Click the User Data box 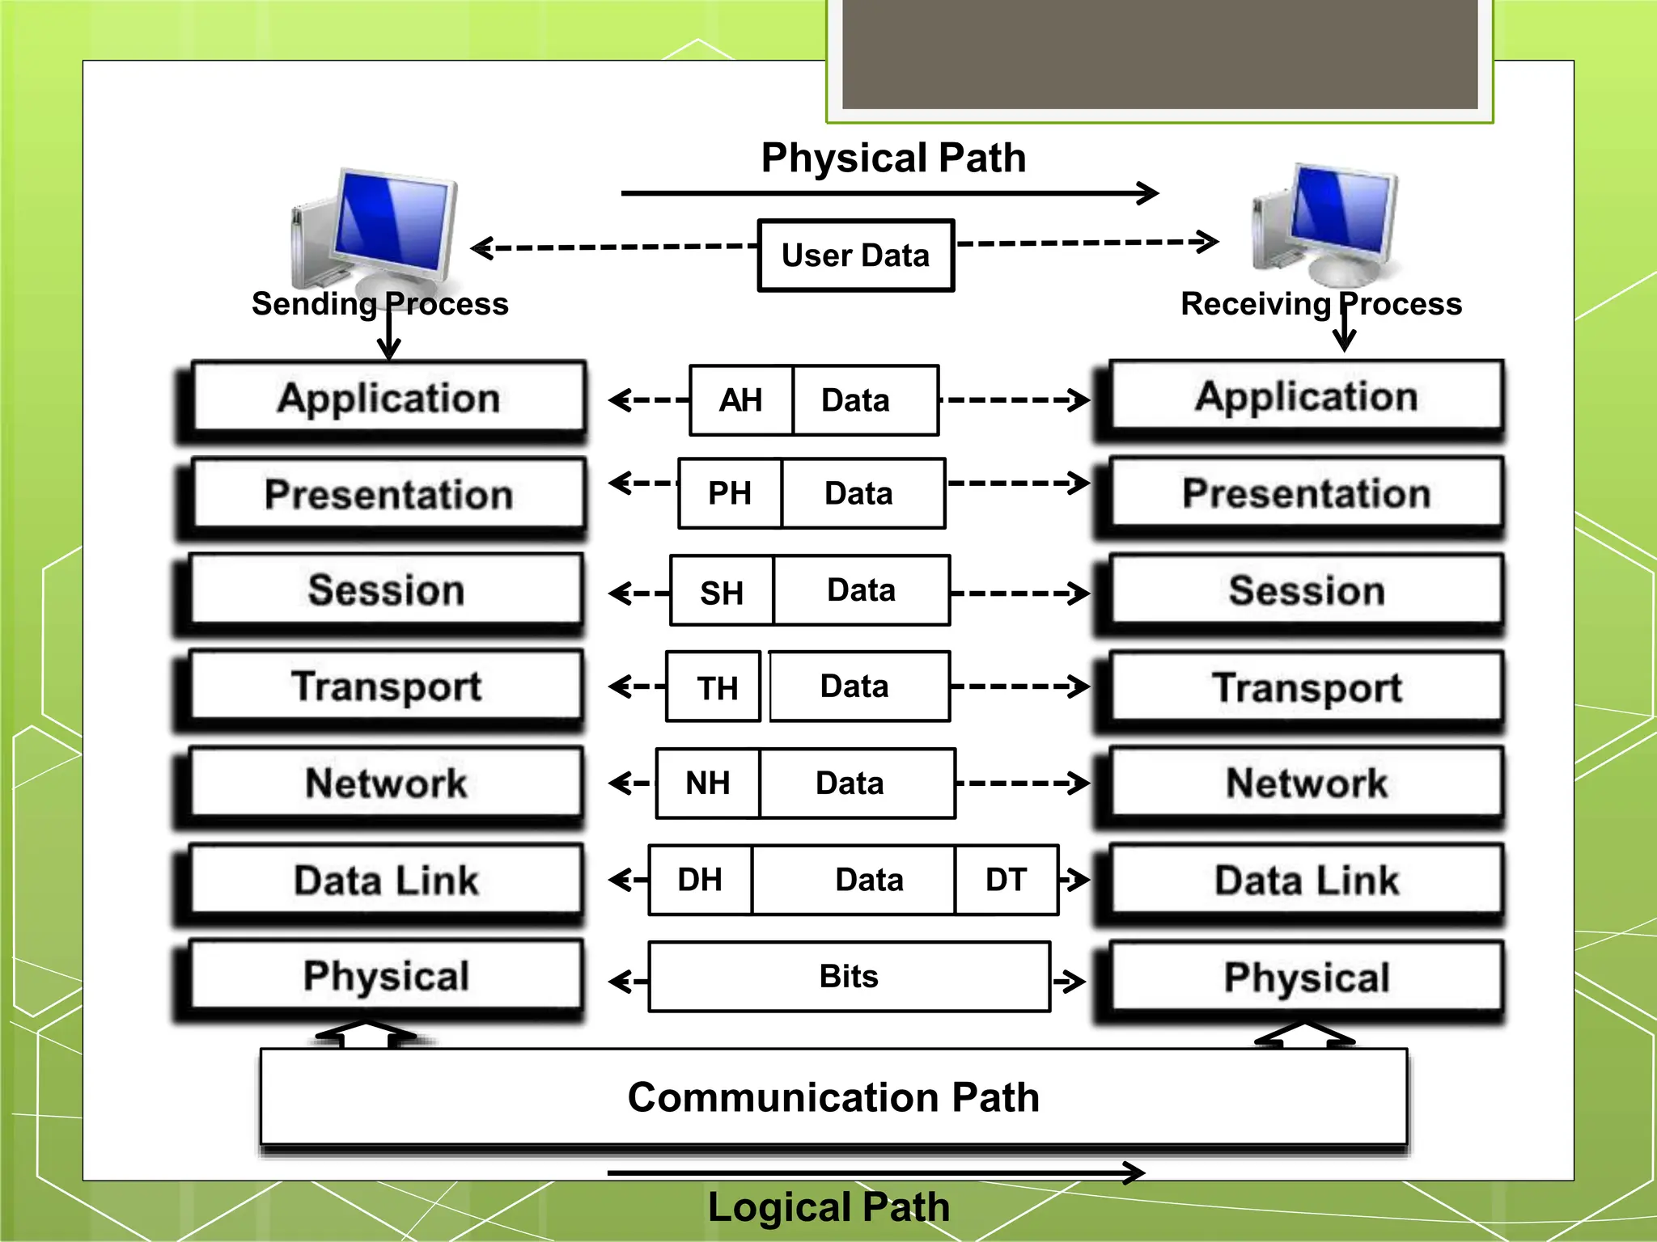click(x=856, y=256)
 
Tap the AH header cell click(x=741, y=400)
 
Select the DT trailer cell click(x=1006, y=880)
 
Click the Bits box click(x=849, y=977)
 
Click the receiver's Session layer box click(x=1306, y=589)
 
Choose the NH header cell click(x=708, y=783)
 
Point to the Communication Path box click(x=833, y=1097)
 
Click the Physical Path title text click(x=893, y=158)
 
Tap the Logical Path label click(x=828, y=1207)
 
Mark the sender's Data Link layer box click(x=387, y=880)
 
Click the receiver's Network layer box click(x=1306, y=783)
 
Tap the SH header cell click(x=722, y=593)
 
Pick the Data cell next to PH click(x=860, y=493)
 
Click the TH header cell click(x=717, y=688)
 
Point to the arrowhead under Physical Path click(x=1150, y=193)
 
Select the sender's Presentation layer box click(x=388, y=493)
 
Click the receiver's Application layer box click(x=1306, y=396)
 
